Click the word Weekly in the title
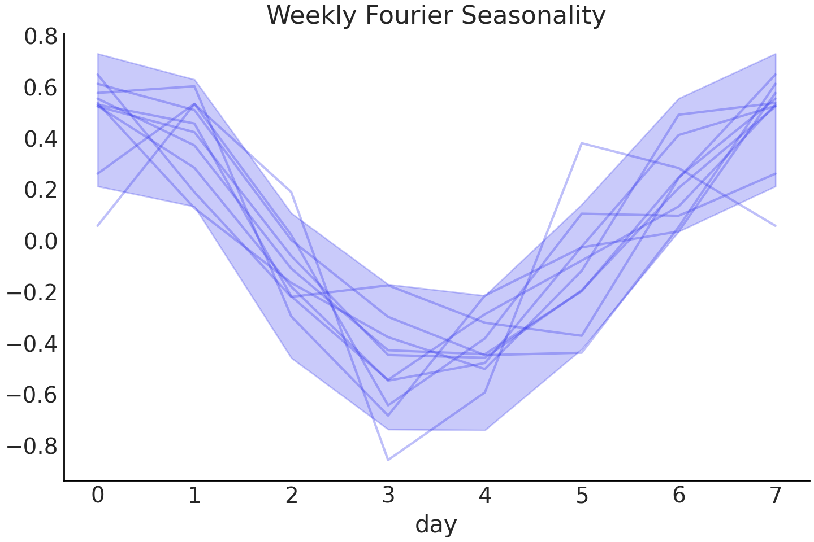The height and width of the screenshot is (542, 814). (x=311, y=15)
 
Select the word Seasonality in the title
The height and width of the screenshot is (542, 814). (x=533, y=15)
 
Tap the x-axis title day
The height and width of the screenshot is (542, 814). (x=436, y=524)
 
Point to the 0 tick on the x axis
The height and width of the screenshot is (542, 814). (x=98, y=496)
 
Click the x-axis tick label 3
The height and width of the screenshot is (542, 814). (x=388, y=496)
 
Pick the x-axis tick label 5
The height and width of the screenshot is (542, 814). (x=582, y=496)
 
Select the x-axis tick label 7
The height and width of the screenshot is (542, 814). (x=776, y=496)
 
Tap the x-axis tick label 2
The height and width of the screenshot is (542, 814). (x=292, y=496)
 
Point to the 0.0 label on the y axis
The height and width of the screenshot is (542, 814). (x=41, y=242)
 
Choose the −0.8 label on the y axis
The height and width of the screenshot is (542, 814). (x=32, y=446)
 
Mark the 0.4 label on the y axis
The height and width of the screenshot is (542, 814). (x=41, y=139)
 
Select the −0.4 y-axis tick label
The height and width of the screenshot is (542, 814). (x=32, y=344)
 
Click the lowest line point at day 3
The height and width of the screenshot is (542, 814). (x=388, y=460)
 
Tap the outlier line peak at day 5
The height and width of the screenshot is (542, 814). (x=582, y=143)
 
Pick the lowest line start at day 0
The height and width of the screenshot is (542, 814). (x=98, y=226)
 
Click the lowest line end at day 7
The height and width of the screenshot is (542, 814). (x=776, y=226)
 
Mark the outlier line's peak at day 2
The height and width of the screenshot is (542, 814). (x=292, y=192)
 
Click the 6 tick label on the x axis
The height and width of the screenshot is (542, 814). (x=679, y=496)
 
